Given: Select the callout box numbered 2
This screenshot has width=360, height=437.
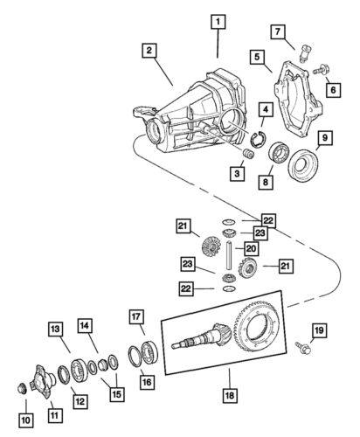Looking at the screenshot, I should [x=151, y=52].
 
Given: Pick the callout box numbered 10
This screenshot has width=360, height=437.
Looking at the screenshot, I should [x=25, y=420].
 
